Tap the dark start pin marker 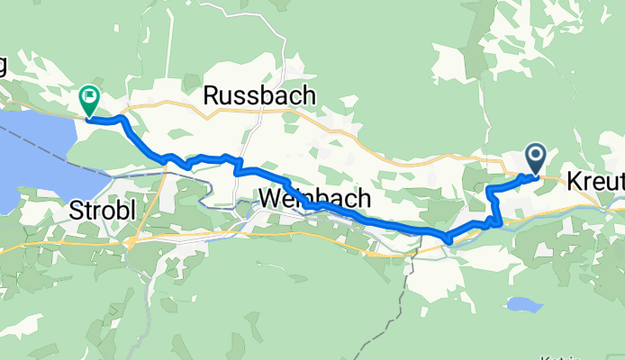pos(536,159)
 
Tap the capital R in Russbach pos(211,94)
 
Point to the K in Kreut pos(575,182)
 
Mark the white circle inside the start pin pos(536,156)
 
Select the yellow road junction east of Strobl pos(131,241)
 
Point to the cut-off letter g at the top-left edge pos(3,67)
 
